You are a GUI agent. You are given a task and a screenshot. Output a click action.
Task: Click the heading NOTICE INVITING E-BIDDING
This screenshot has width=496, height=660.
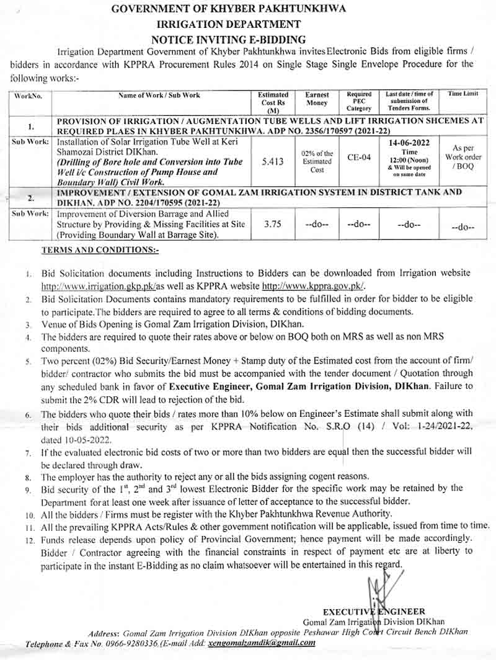click(247, 39)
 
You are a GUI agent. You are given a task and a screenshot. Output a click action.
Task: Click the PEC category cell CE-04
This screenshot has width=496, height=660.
click(360, 158)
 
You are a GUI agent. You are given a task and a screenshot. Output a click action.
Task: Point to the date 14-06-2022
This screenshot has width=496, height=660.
click(410, 142)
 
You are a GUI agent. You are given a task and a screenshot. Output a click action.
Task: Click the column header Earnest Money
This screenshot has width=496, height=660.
click(317, 99)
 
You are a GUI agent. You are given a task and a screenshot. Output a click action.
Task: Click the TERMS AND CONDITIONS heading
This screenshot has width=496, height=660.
click(100, 249)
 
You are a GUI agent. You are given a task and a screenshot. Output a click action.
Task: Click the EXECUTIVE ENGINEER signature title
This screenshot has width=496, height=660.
click(374, 612)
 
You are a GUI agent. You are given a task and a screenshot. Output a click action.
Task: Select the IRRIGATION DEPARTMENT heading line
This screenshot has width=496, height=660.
click(247, 24)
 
